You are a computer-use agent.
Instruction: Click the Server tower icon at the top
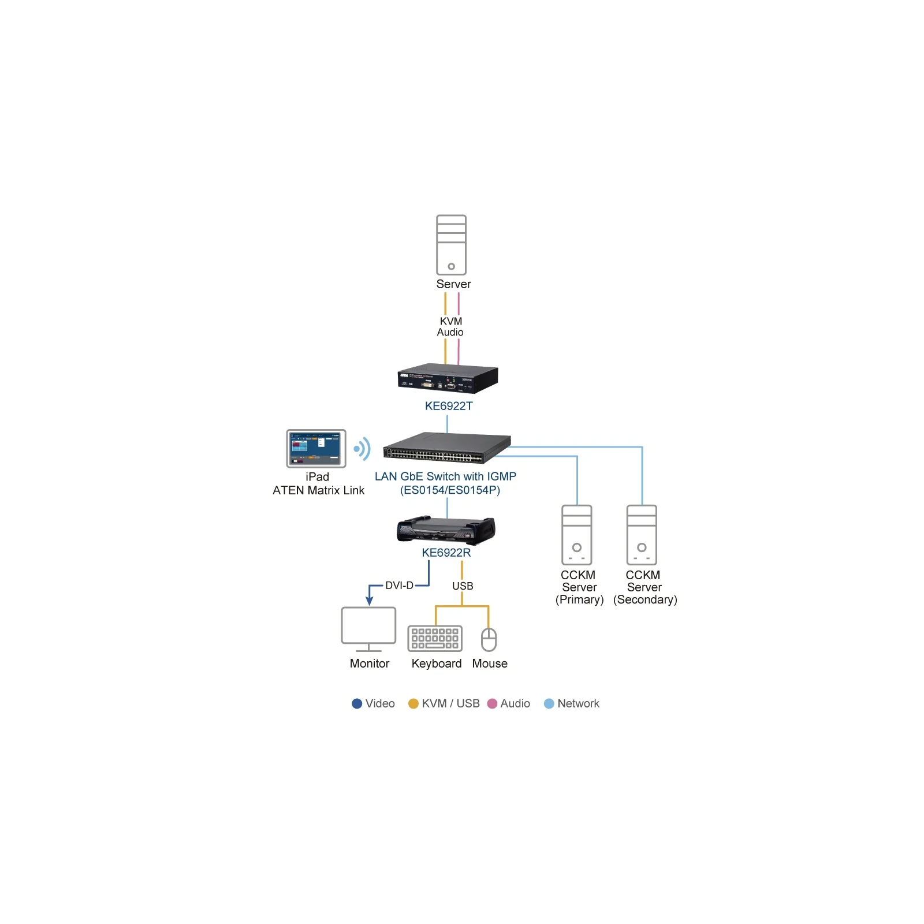(x=451, y=245)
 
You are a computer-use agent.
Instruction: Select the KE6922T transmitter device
(x=448, y=378)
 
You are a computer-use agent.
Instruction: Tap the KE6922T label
(x=449, y=406)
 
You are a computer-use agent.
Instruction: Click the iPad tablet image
(x=316, y=448)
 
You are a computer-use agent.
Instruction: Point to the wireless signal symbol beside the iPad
(x=362, y=449)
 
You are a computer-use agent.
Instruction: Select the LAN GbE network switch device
(x=447, y=448)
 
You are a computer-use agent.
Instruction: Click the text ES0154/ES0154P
(x=450, y=490)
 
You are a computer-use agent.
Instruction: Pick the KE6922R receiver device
(x=446, y=530)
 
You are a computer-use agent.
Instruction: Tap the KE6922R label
(x=446, y=553)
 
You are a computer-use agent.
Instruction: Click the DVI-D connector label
(x=399, y=586)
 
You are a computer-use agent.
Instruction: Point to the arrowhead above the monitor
(x=369, y=601)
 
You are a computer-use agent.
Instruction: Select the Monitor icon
(x=368, y=629)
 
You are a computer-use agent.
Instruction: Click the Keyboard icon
(x=435, y=638)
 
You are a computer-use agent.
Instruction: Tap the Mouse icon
(x=489, y=639)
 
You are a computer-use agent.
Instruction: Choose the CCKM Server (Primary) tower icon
(x=577, y=535)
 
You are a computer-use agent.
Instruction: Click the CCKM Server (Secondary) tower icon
(x=642, y=535)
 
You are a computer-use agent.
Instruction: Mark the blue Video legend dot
(x=357, y=703)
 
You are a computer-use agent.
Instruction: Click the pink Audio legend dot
(x=493, y=703)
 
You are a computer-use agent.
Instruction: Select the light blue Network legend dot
(x=549, y=703)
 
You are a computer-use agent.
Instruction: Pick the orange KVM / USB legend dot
(x=413, y=703)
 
